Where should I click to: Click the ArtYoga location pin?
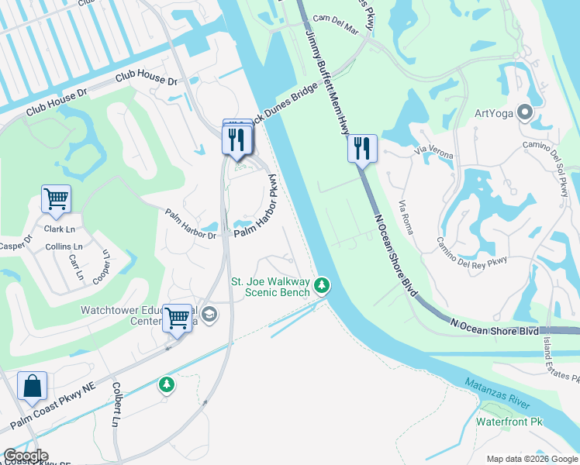(x=526, y=113)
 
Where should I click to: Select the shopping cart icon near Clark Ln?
(x=56, y=199)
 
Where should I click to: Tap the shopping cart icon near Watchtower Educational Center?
(x=178, y=318)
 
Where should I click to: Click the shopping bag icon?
(x=32, y=387)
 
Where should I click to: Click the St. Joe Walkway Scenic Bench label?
(x=271, y=287)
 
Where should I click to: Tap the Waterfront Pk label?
(x=508, y=422)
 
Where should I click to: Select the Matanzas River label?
(x=498, y=391)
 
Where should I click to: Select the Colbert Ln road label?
(x=116, y=402)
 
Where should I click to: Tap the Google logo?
(x=25, y=456)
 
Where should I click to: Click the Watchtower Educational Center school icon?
(x=209, y=314)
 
